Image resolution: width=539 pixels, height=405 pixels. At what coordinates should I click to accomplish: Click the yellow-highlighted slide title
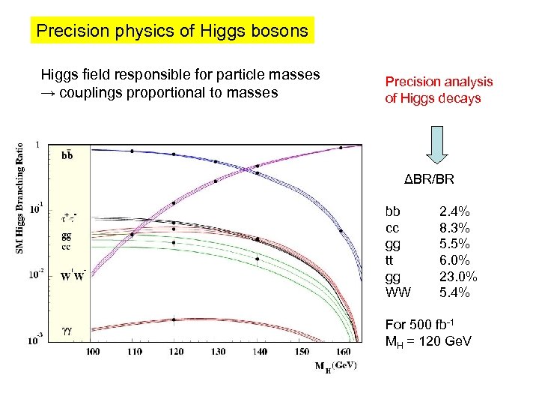(x=172, y=31)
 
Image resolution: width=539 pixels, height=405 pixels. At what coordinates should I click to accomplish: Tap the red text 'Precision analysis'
(x=439, y=82)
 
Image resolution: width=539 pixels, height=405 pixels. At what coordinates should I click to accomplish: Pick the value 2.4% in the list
(x=454, y=211)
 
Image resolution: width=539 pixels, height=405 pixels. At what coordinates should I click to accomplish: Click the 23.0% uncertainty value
(x=458, y=276)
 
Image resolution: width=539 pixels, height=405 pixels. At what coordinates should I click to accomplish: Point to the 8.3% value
(x=454, y=228)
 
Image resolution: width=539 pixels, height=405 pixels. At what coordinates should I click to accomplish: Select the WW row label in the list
(x=398, y=292)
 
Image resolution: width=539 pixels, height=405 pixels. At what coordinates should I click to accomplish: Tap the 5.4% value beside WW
(x=454, y=292)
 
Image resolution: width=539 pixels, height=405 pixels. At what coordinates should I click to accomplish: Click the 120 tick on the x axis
(x=173, y=351)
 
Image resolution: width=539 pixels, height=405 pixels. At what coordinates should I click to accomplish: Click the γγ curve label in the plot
(x=67, y=328)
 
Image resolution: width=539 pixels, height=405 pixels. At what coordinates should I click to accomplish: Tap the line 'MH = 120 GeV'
(x=427, y=341)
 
